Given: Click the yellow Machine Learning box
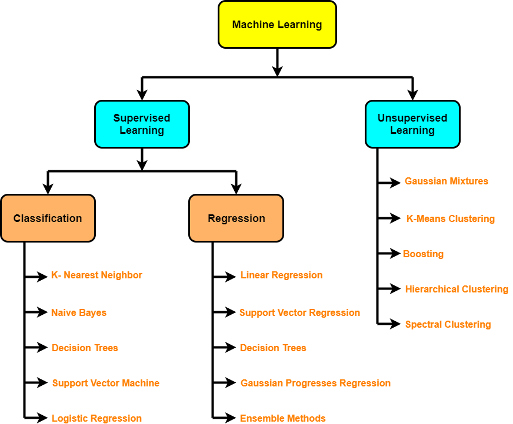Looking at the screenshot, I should click(x=277, y=25).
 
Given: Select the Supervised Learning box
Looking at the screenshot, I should click(x=142, y=124).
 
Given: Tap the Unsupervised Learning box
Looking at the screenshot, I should click(x=412, y=124).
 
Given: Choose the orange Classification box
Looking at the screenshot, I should click(x=48, y=218).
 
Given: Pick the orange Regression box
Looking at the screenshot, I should click(x=236, y=218).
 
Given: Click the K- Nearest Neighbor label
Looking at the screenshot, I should click(x=96, y=275).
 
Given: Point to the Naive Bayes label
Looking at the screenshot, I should click(x=79, y=312).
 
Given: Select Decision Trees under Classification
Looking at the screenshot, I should click(x=85, y=348).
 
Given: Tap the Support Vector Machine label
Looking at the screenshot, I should click(x=105, y=383).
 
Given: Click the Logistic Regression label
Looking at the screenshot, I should click(x=96, y=418).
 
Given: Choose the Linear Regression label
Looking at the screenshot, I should click(x=281, y=275).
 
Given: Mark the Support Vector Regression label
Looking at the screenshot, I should click(x=299, y=312).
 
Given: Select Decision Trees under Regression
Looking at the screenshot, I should click(x=273, y=348).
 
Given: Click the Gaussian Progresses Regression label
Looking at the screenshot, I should click(x=315, y=383).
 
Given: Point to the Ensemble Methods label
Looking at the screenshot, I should click(x=282, y=418).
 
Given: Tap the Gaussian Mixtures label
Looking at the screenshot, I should click(x=446, y=181).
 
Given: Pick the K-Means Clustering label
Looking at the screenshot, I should click(x=450, y=218).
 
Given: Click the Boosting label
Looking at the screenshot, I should click(x=423, y=254).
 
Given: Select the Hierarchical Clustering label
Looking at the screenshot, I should click(x=457, y=289).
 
